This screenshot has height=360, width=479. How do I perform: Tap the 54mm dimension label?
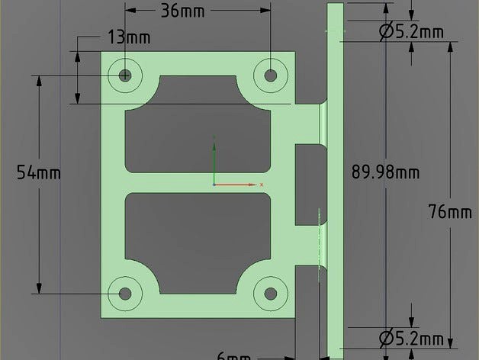[x=38, y=172]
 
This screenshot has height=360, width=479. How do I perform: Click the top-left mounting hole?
[x=125, y=75]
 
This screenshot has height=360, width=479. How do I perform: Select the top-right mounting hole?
[x=270, y=74]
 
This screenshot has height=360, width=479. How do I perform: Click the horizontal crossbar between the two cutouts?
[x=197, y=183]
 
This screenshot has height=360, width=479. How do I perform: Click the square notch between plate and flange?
[x=307, y=163]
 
